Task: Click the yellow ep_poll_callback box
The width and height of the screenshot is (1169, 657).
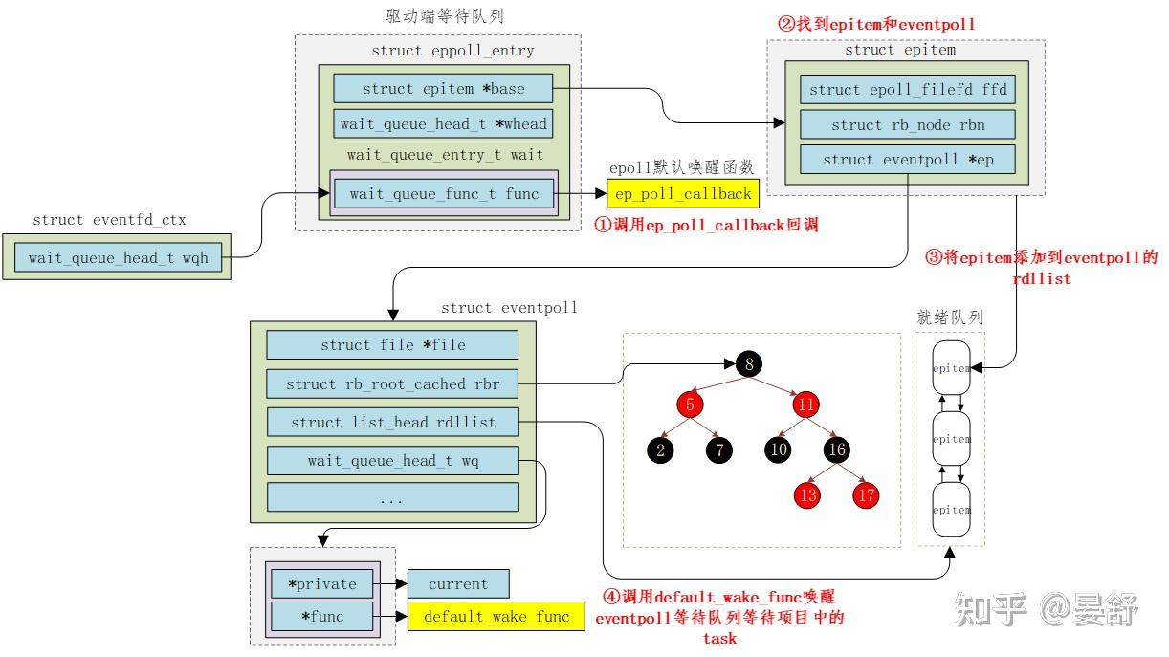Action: click(683, 194)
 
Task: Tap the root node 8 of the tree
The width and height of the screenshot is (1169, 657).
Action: click(748, 363)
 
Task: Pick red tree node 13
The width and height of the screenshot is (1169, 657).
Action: click(807, 494)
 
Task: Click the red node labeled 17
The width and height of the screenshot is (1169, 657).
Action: click(867, 494)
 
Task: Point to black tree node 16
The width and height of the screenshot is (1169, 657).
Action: click(837, 449)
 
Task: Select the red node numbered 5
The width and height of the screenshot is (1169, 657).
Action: click(688, 405)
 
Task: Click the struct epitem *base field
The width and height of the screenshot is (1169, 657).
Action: click(443, 89)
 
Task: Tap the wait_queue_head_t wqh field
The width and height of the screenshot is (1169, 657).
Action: click(119, 257)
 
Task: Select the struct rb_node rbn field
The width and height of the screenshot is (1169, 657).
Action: click(907, 124)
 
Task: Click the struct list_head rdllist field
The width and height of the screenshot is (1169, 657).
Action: click(392, 422)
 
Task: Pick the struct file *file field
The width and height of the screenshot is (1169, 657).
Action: click(392, 344)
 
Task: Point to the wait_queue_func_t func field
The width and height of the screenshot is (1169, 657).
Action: click(444, 194)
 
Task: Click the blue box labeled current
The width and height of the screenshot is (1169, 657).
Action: click(458, 583)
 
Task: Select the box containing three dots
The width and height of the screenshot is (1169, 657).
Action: click(392, 498)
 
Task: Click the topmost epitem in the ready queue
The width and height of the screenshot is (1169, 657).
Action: click(952, 368)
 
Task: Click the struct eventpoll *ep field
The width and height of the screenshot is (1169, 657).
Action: click(907, 160)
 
